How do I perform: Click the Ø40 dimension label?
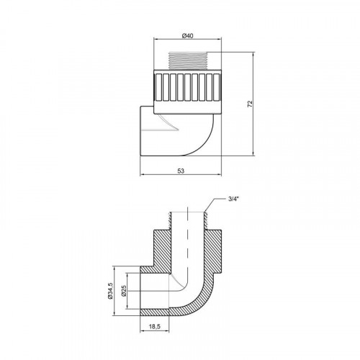pos(187,36)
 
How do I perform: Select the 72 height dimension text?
pos(250,104)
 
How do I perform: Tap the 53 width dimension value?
pos(181,171)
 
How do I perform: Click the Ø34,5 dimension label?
pos(110,291)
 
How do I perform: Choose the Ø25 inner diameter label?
pos(124,291)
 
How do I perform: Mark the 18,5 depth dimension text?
pos(155,326)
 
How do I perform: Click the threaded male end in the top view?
pos(187,60)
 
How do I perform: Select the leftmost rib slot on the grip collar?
pos(158,88)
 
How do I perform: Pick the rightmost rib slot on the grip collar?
pos(216,88)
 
